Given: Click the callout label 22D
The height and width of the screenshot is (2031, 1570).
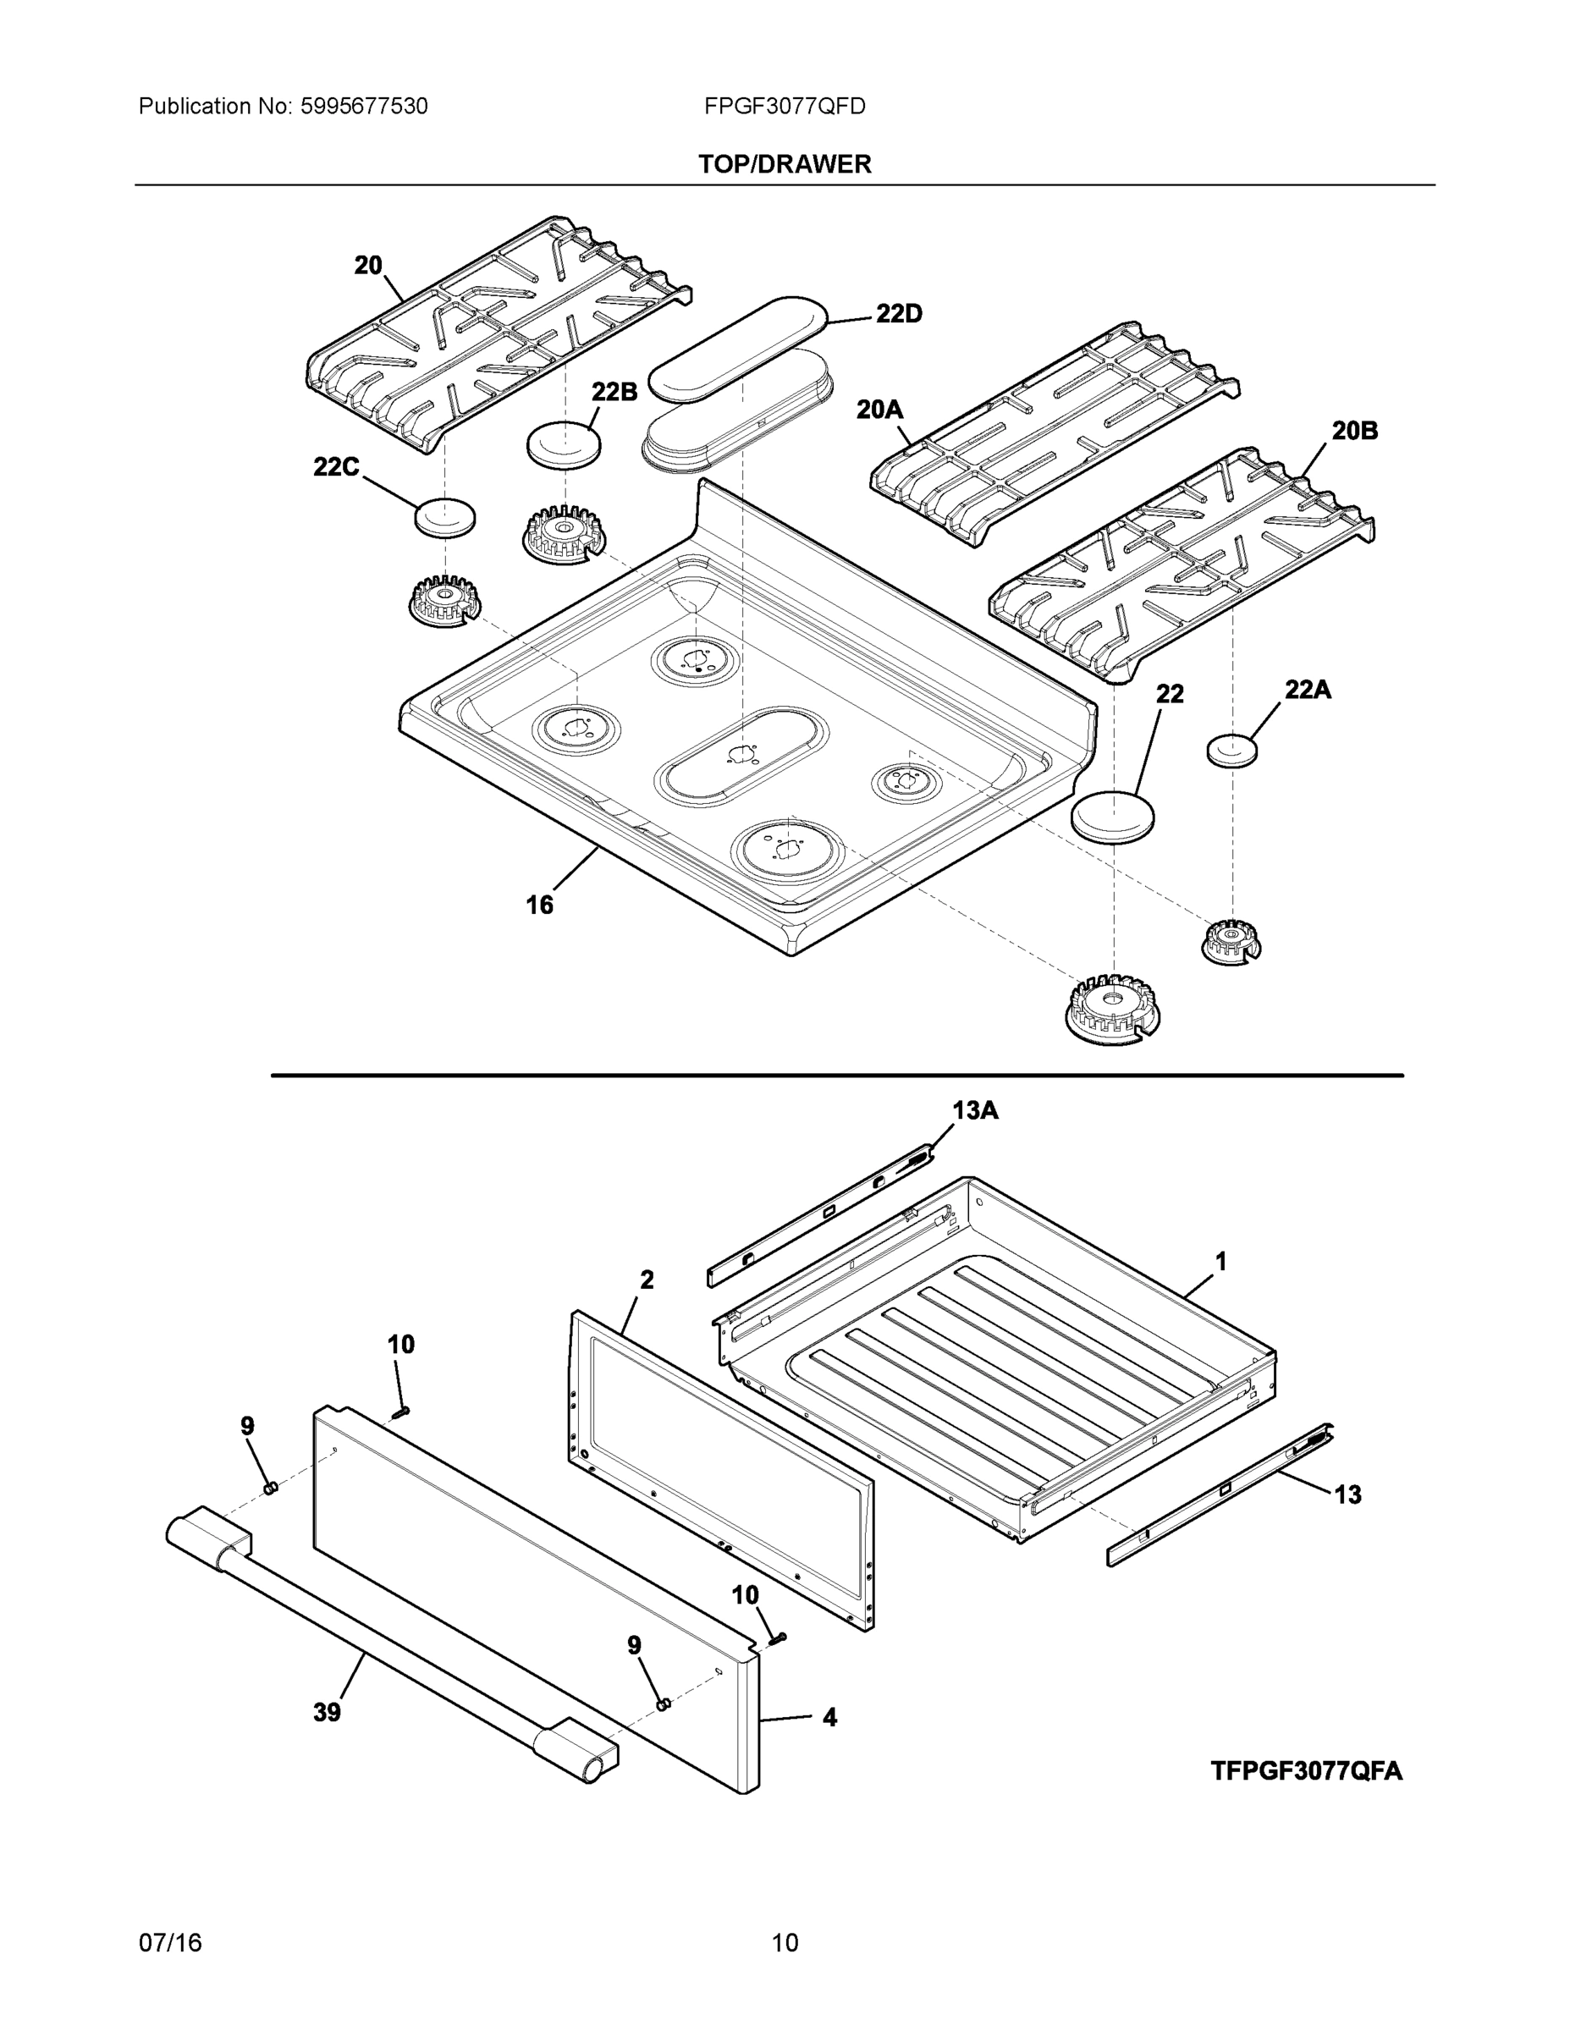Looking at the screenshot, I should (899, 314).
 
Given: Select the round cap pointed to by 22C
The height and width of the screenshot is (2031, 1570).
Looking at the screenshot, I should (444, 517).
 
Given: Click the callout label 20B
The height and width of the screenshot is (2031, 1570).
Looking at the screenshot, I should (1354, 431).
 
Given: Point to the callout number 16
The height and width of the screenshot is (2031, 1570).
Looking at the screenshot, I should (539, 905).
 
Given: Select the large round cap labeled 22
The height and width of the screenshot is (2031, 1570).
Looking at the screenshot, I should (1113, 817).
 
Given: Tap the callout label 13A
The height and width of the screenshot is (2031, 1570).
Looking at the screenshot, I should (975, 1110).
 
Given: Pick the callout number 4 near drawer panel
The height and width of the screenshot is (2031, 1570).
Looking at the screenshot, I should (829, 1718).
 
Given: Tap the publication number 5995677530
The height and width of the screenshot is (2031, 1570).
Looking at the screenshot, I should (364, 107).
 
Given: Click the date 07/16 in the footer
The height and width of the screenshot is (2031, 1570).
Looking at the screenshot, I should (170, 1943).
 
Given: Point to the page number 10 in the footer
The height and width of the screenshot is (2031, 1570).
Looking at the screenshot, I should (785, 1943).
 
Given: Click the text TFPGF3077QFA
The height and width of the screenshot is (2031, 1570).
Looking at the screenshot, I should (1306, 1770).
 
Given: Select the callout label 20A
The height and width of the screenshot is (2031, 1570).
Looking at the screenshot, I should (880, 410).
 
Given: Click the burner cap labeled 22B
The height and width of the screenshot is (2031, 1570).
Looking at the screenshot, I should (564, 444).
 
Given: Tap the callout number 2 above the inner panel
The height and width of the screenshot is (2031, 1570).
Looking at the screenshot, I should (647, 1280).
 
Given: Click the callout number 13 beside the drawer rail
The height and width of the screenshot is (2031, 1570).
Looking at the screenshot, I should (1347, 1495).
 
